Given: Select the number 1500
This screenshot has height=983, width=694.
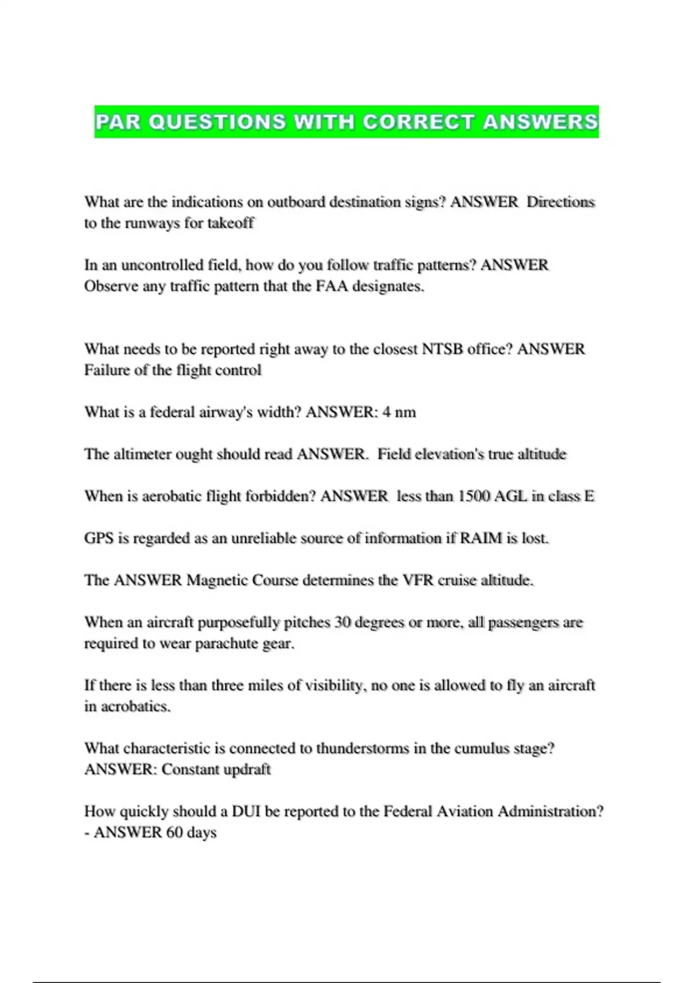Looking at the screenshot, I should [x=474, y=496].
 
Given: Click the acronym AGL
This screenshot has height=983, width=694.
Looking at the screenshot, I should [x=510, y=496].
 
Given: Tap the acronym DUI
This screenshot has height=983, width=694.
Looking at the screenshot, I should [x=246, y=811].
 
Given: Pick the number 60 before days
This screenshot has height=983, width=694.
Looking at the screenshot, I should [x=175, y=833].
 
